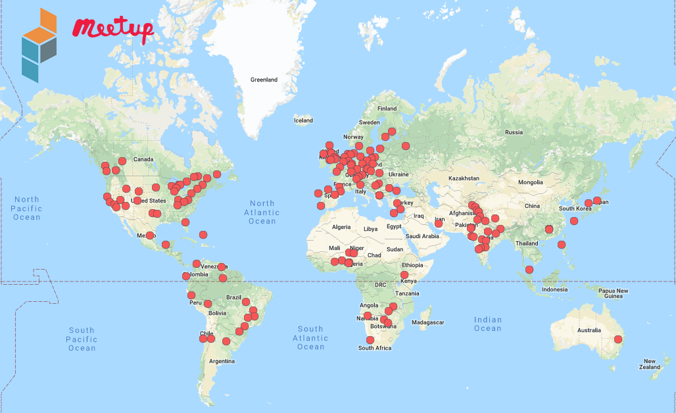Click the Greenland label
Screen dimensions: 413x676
(264, 80)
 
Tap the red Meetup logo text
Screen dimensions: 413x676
(113, 28)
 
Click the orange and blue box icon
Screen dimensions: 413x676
(39, 45)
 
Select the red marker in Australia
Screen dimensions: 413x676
(618, 339)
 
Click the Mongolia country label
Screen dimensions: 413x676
(531, 182)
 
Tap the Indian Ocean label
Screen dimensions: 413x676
(488, 324)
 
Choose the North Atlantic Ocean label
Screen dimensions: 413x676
(262, 212)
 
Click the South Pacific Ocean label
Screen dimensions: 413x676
(82, 339)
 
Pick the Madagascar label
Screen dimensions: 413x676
(428, 322)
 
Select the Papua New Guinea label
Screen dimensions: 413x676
(613, 293)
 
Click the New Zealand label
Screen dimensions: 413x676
(649, 364)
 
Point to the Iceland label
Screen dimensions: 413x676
(303, 120)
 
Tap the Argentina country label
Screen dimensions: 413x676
(222, 361)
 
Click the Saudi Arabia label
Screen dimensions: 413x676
(422, 236)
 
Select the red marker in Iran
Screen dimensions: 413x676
(439, 224)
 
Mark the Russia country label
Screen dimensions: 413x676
(514, 132)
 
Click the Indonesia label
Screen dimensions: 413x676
(554, 289)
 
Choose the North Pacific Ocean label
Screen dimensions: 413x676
(27, 208)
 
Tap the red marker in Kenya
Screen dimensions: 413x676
(404, 275)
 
